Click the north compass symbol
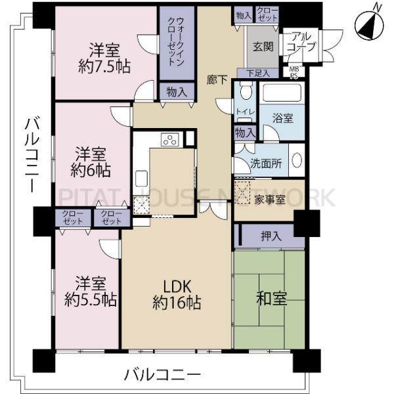369,25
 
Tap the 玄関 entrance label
263,47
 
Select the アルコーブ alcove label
301,42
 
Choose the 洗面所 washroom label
265,164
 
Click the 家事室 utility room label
270,200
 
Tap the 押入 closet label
271,236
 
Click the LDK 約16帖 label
176,295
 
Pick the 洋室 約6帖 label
92,162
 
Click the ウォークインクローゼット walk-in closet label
175,42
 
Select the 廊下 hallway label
217,80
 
